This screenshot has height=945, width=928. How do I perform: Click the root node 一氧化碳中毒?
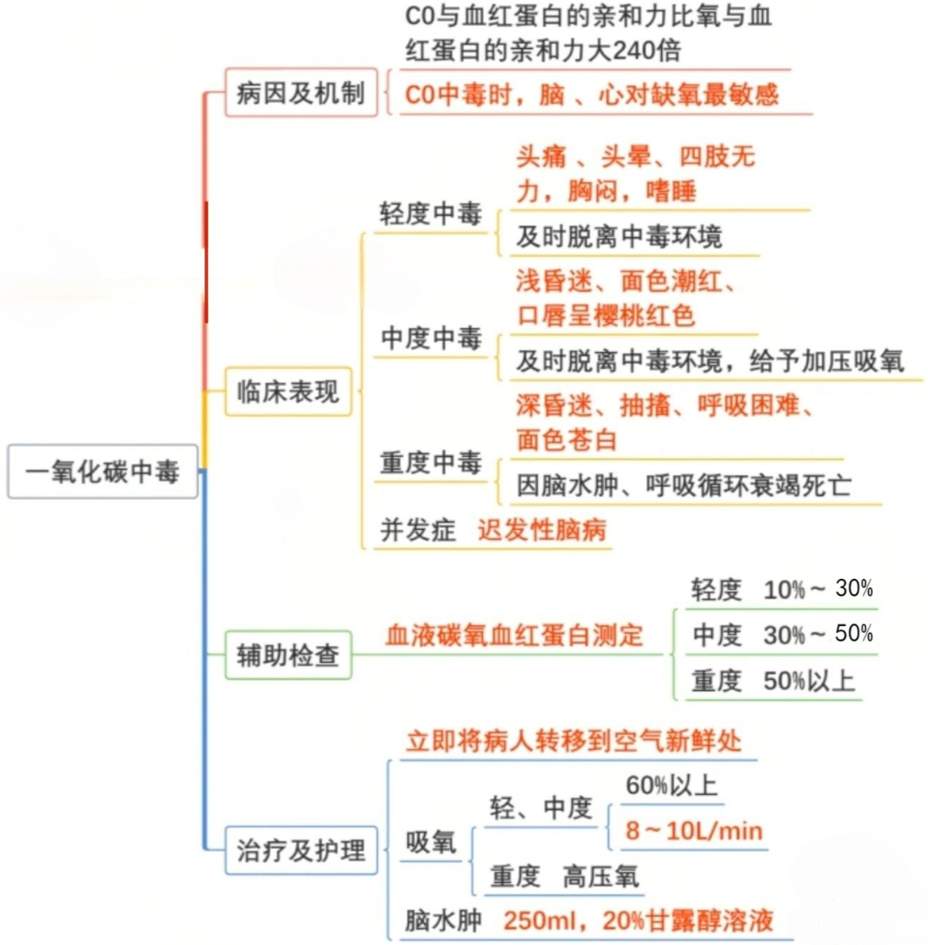[x=103, y=472]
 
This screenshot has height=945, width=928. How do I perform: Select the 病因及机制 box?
[x=301, y=92]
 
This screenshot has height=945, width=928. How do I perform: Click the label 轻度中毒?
[x=430, y=214]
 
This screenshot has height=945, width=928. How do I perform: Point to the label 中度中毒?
[x=430, y=339]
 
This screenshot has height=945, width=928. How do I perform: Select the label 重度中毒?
[x=430, y=462]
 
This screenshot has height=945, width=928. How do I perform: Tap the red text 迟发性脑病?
[x=542, y=530]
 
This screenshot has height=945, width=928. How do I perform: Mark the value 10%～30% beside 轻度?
[x=817, y=589]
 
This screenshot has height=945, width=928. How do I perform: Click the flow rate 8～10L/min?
[x=694, y=831]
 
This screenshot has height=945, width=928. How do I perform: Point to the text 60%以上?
[x=671, y=786]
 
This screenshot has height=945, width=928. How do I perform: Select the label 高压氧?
[x=600, y=875]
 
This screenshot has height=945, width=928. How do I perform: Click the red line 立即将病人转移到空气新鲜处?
[x=574, y=742]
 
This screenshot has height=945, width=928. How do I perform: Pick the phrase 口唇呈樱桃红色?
[x=606, y=315]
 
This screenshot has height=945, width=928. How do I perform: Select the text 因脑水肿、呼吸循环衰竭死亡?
[x=684, y=485]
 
